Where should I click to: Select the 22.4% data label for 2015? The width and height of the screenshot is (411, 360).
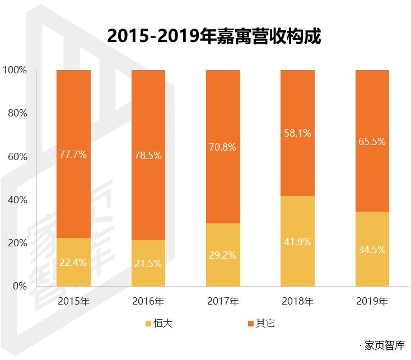73,262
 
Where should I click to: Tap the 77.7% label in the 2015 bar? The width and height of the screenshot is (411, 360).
73,155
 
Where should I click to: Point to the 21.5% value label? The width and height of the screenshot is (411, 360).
148,263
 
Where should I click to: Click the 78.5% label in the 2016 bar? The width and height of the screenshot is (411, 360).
148,156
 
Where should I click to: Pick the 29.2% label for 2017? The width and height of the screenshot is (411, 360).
223,255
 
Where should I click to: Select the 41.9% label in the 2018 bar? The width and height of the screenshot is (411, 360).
297,241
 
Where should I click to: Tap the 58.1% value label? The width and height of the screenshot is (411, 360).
297,133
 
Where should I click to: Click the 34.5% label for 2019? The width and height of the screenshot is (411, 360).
372,249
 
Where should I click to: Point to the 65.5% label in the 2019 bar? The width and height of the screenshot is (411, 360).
372,142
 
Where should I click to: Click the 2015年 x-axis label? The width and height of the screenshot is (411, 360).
73,301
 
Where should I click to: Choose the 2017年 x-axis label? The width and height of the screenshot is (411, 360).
223,301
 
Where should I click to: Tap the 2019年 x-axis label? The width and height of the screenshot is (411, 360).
372,301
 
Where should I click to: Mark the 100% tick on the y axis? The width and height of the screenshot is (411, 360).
15,71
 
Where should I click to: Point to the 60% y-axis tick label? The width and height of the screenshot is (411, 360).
17,157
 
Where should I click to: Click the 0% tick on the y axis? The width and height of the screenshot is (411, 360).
20,286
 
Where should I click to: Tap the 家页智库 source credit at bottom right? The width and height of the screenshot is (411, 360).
386,345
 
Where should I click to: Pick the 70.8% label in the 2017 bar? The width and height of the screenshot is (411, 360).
223,147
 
